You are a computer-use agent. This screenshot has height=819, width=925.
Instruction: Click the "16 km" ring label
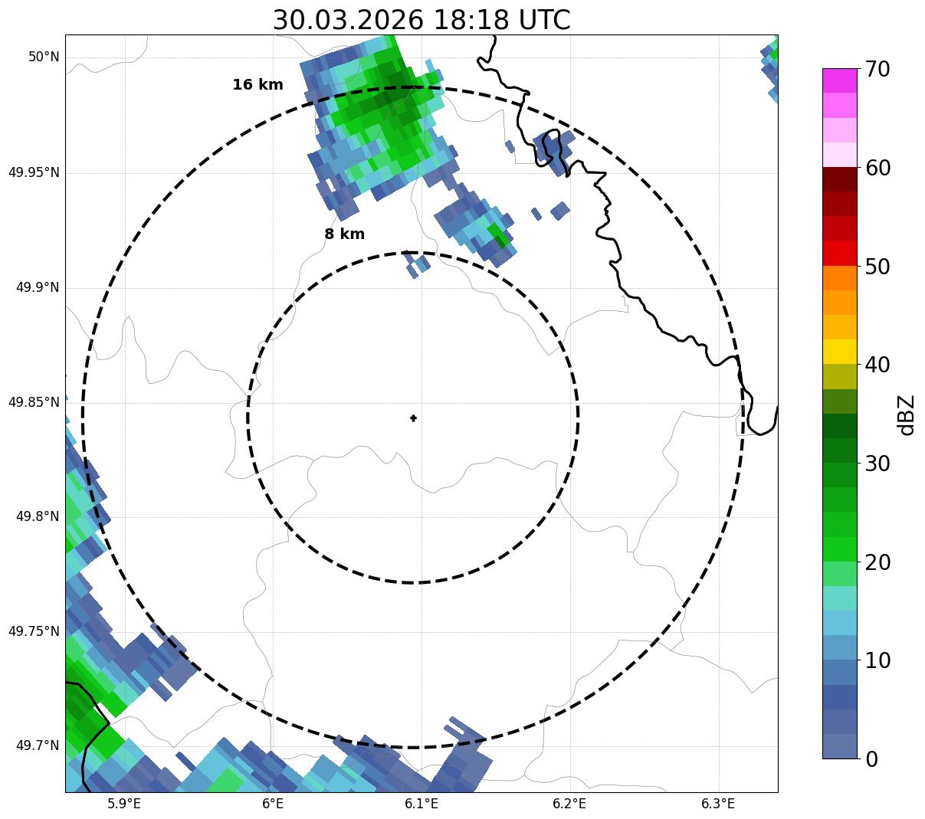257,85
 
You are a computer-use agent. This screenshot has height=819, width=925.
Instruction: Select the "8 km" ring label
344,234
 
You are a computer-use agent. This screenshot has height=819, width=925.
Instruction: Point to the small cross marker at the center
414,418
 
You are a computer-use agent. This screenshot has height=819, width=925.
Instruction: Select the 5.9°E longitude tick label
124,804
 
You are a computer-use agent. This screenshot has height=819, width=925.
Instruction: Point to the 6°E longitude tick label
273,804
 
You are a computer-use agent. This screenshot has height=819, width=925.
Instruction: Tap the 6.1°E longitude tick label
421,804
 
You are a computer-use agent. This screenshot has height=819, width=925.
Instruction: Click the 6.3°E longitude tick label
718,804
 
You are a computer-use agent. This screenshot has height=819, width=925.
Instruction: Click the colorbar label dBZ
907,414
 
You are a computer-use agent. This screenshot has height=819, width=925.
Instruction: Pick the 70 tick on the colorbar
877,69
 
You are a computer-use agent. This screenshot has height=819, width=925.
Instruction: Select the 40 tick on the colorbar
877,365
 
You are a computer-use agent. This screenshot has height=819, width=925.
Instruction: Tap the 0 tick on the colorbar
873,759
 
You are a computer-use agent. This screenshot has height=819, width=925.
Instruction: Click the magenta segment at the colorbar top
839,80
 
